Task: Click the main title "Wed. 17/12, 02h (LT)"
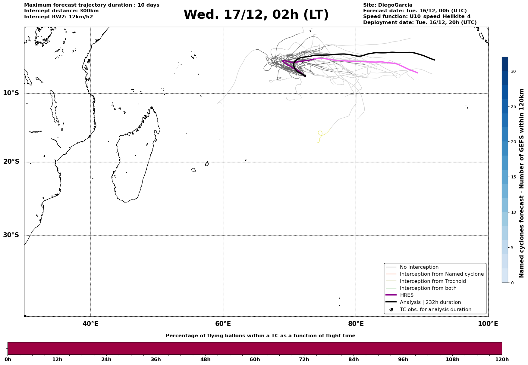(x=256, y=15)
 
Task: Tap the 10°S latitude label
(x=11, y=93)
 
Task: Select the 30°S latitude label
(x=11, y=235)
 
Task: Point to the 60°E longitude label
(x=223, y=324)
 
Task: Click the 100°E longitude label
(x=488, y=324)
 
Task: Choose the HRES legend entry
(x=407, y=295)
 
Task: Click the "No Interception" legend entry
(x=419, y=267)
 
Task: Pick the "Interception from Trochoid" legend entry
(x=432, y=281)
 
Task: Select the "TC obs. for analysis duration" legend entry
(x=435, y=310)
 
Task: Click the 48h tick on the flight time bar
(x=205, y=359)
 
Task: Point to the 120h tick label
(x=502, y=359)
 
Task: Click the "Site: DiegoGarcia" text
(x=388, y=5)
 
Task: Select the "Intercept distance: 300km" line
(x=61, y=11)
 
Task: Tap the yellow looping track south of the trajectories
(x=320, y=133)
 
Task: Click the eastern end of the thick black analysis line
(x=434, y=60)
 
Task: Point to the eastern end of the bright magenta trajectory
(x=417, y=73)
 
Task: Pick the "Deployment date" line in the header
(x=420, y=23)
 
